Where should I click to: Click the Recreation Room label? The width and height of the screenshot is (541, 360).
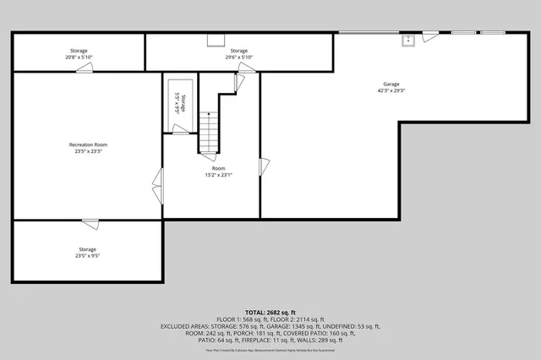(88, 145)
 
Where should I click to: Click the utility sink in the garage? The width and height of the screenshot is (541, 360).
(407, 39)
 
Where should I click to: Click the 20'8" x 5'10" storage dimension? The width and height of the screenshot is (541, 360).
(78, 57)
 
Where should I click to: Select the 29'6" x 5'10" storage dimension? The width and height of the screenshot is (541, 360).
(239, 57)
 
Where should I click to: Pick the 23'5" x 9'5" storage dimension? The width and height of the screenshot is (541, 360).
(88, 256)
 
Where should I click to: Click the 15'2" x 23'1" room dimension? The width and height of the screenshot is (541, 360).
(218, 175)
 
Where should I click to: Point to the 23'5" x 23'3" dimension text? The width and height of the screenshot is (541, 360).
(88, 151)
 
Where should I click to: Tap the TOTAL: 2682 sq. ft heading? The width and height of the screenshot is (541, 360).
(270, 311)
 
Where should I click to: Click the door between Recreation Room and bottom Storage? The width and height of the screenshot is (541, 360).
(89, 223)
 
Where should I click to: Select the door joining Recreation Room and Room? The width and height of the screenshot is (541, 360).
(157, 180)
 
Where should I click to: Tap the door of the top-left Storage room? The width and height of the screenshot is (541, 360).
(84, 69)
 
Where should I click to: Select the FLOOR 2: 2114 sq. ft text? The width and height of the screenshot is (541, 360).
(296, 319)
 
